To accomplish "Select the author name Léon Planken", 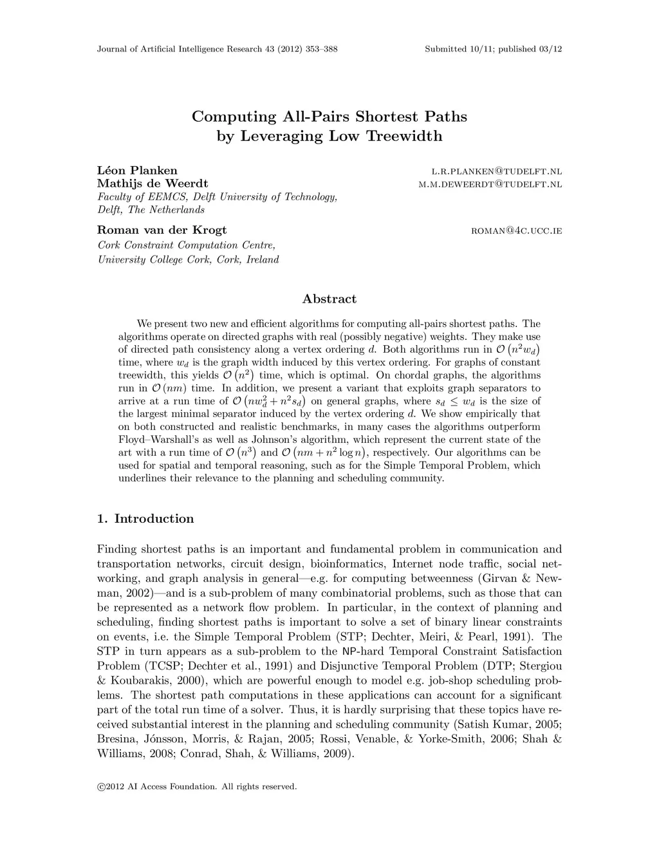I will point(137,171).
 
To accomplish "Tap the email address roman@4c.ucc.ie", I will point(517,230).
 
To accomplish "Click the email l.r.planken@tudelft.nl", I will point(496,171).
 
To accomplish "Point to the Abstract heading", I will point(329,299).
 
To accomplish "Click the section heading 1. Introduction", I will point(145,519).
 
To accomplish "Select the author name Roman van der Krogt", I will point(162,230).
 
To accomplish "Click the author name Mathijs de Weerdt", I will point(153,183).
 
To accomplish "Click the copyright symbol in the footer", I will point(100,786).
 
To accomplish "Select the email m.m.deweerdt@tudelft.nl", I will point(490,184).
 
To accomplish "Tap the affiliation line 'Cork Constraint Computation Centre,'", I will point(187,245).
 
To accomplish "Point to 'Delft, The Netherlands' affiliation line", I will point(151,210).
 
